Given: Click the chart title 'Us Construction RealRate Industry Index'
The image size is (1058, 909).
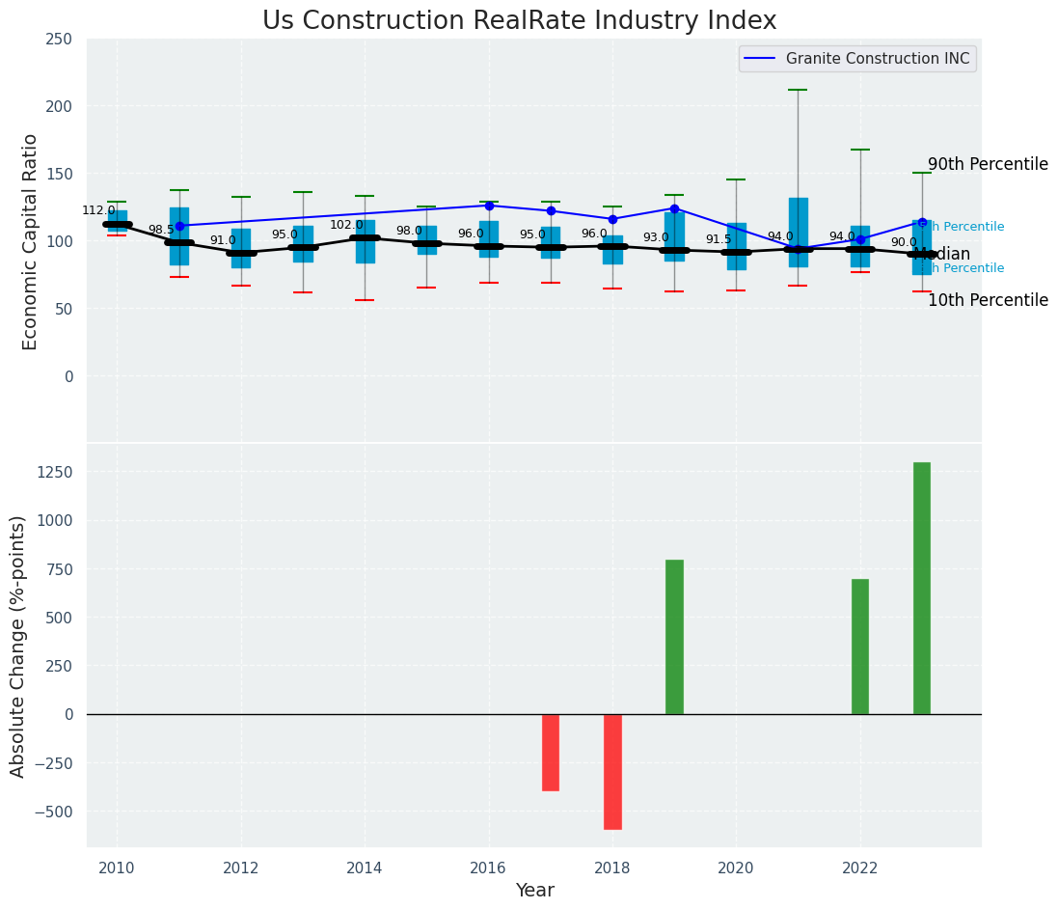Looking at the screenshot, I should [x=519, y=21].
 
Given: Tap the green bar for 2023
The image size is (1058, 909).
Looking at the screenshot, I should [x=922, y=588].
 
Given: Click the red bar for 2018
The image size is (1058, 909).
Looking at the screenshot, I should [x=612, y=771].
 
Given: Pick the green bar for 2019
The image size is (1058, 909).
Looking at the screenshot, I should [x=674, y=637].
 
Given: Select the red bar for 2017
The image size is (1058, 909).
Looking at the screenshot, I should [x=551, y=752].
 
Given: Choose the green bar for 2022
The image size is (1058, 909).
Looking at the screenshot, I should [x=860, y=647].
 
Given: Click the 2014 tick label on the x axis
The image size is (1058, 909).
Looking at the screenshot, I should [x=365, y=868].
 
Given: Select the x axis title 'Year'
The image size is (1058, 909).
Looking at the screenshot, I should [x=534, y=891].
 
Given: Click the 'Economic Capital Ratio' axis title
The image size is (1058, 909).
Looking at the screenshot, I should [x=31, y=241].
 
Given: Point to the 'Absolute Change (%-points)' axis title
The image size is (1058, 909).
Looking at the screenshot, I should [x=18, y=646].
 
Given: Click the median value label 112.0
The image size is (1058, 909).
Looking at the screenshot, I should [x=98, y=210].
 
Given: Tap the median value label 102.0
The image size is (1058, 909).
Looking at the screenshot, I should [x=346, y=225].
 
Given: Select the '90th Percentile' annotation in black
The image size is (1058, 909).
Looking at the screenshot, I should [x=988, y=164].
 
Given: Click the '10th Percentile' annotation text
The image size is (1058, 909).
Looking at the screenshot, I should [x=988, y=300].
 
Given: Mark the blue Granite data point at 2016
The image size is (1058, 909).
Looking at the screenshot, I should [x=489, y=206].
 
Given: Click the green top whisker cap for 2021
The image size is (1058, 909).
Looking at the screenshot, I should [x=798, y=90].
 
